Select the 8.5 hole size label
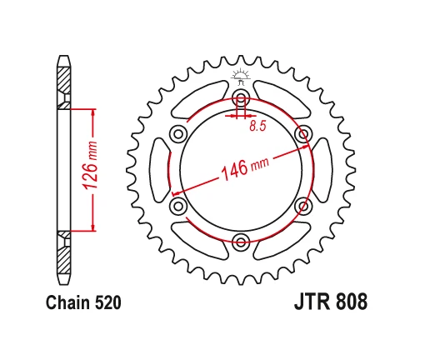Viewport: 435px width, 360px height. tap(258, 126)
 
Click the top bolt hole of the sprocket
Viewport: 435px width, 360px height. tap(241, 101)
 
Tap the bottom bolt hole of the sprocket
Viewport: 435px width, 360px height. tap(241, 242)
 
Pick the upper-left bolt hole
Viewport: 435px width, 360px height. tap(178, 135)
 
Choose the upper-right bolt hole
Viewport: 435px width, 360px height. tap(302, 135)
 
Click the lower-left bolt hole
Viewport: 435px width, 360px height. tap(178, 206)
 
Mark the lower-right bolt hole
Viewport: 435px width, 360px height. tap(302, 206)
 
